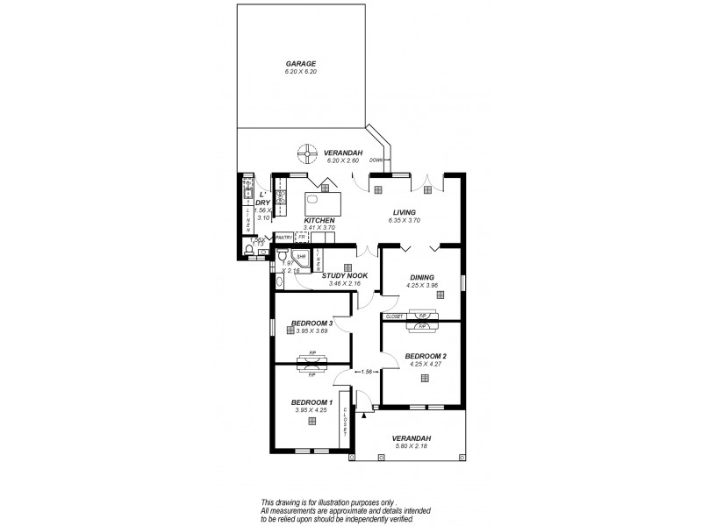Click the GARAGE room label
click(300, 64)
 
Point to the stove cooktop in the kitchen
click(282, 197)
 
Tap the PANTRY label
click(283, 237)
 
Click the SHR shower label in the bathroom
click(301, 257)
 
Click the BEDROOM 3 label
click(312, 323)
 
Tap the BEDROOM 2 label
click(425, 355)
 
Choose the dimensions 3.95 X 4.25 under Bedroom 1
click(312, 409)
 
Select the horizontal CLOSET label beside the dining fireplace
click(394, 316)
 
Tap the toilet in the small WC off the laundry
click(250, 249)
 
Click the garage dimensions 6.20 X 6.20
click(300, 71)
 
